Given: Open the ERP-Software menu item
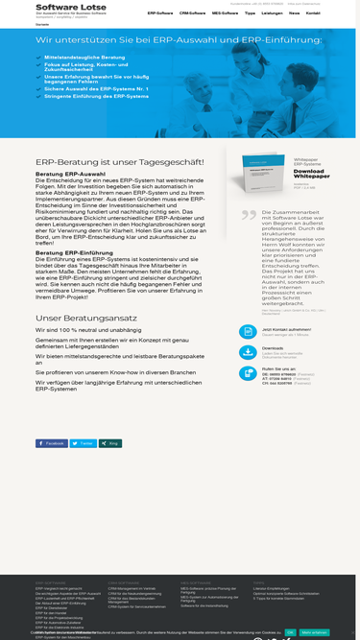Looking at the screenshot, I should (160, 14).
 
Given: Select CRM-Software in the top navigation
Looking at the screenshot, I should (192, 14).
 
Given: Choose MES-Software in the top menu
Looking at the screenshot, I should (225, 14).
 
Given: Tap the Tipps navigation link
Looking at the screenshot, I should (250, 14).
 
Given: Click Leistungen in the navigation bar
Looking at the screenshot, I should (272, 14).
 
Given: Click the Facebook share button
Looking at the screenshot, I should (52, 443).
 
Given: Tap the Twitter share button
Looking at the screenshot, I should (84, 443).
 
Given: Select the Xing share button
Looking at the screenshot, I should (111, 443).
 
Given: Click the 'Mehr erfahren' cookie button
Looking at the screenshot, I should (314, 632).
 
